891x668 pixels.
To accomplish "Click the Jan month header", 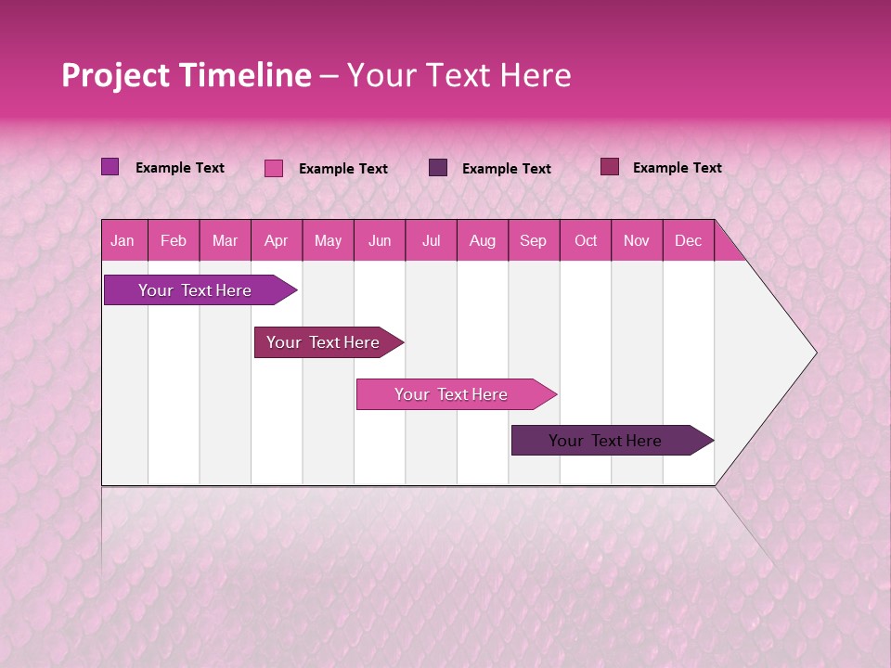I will pos(123,241).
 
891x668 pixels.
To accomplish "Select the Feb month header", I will pos(174,241).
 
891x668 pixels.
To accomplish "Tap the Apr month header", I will pos(276,241).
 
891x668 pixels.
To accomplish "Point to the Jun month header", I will pos(380,241).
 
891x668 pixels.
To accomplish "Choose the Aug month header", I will pos(482,241).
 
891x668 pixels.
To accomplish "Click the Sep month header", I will pos(533,241).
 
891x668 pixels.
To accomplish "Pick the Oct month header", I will pos(586,241).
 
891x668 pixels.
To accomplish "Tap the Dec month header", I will pos(688,241).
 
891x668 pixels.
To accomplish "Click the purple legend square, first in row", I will pos(110,167).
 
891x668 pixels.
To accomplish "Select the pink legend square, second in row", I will pos(273,168).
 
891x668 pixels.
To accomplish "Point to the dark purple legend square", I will pos(437,167).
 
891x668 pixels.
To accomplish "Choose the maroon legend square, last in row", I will pos(609,167).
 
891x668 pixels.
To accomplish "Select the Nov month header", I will pos(636,241).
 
